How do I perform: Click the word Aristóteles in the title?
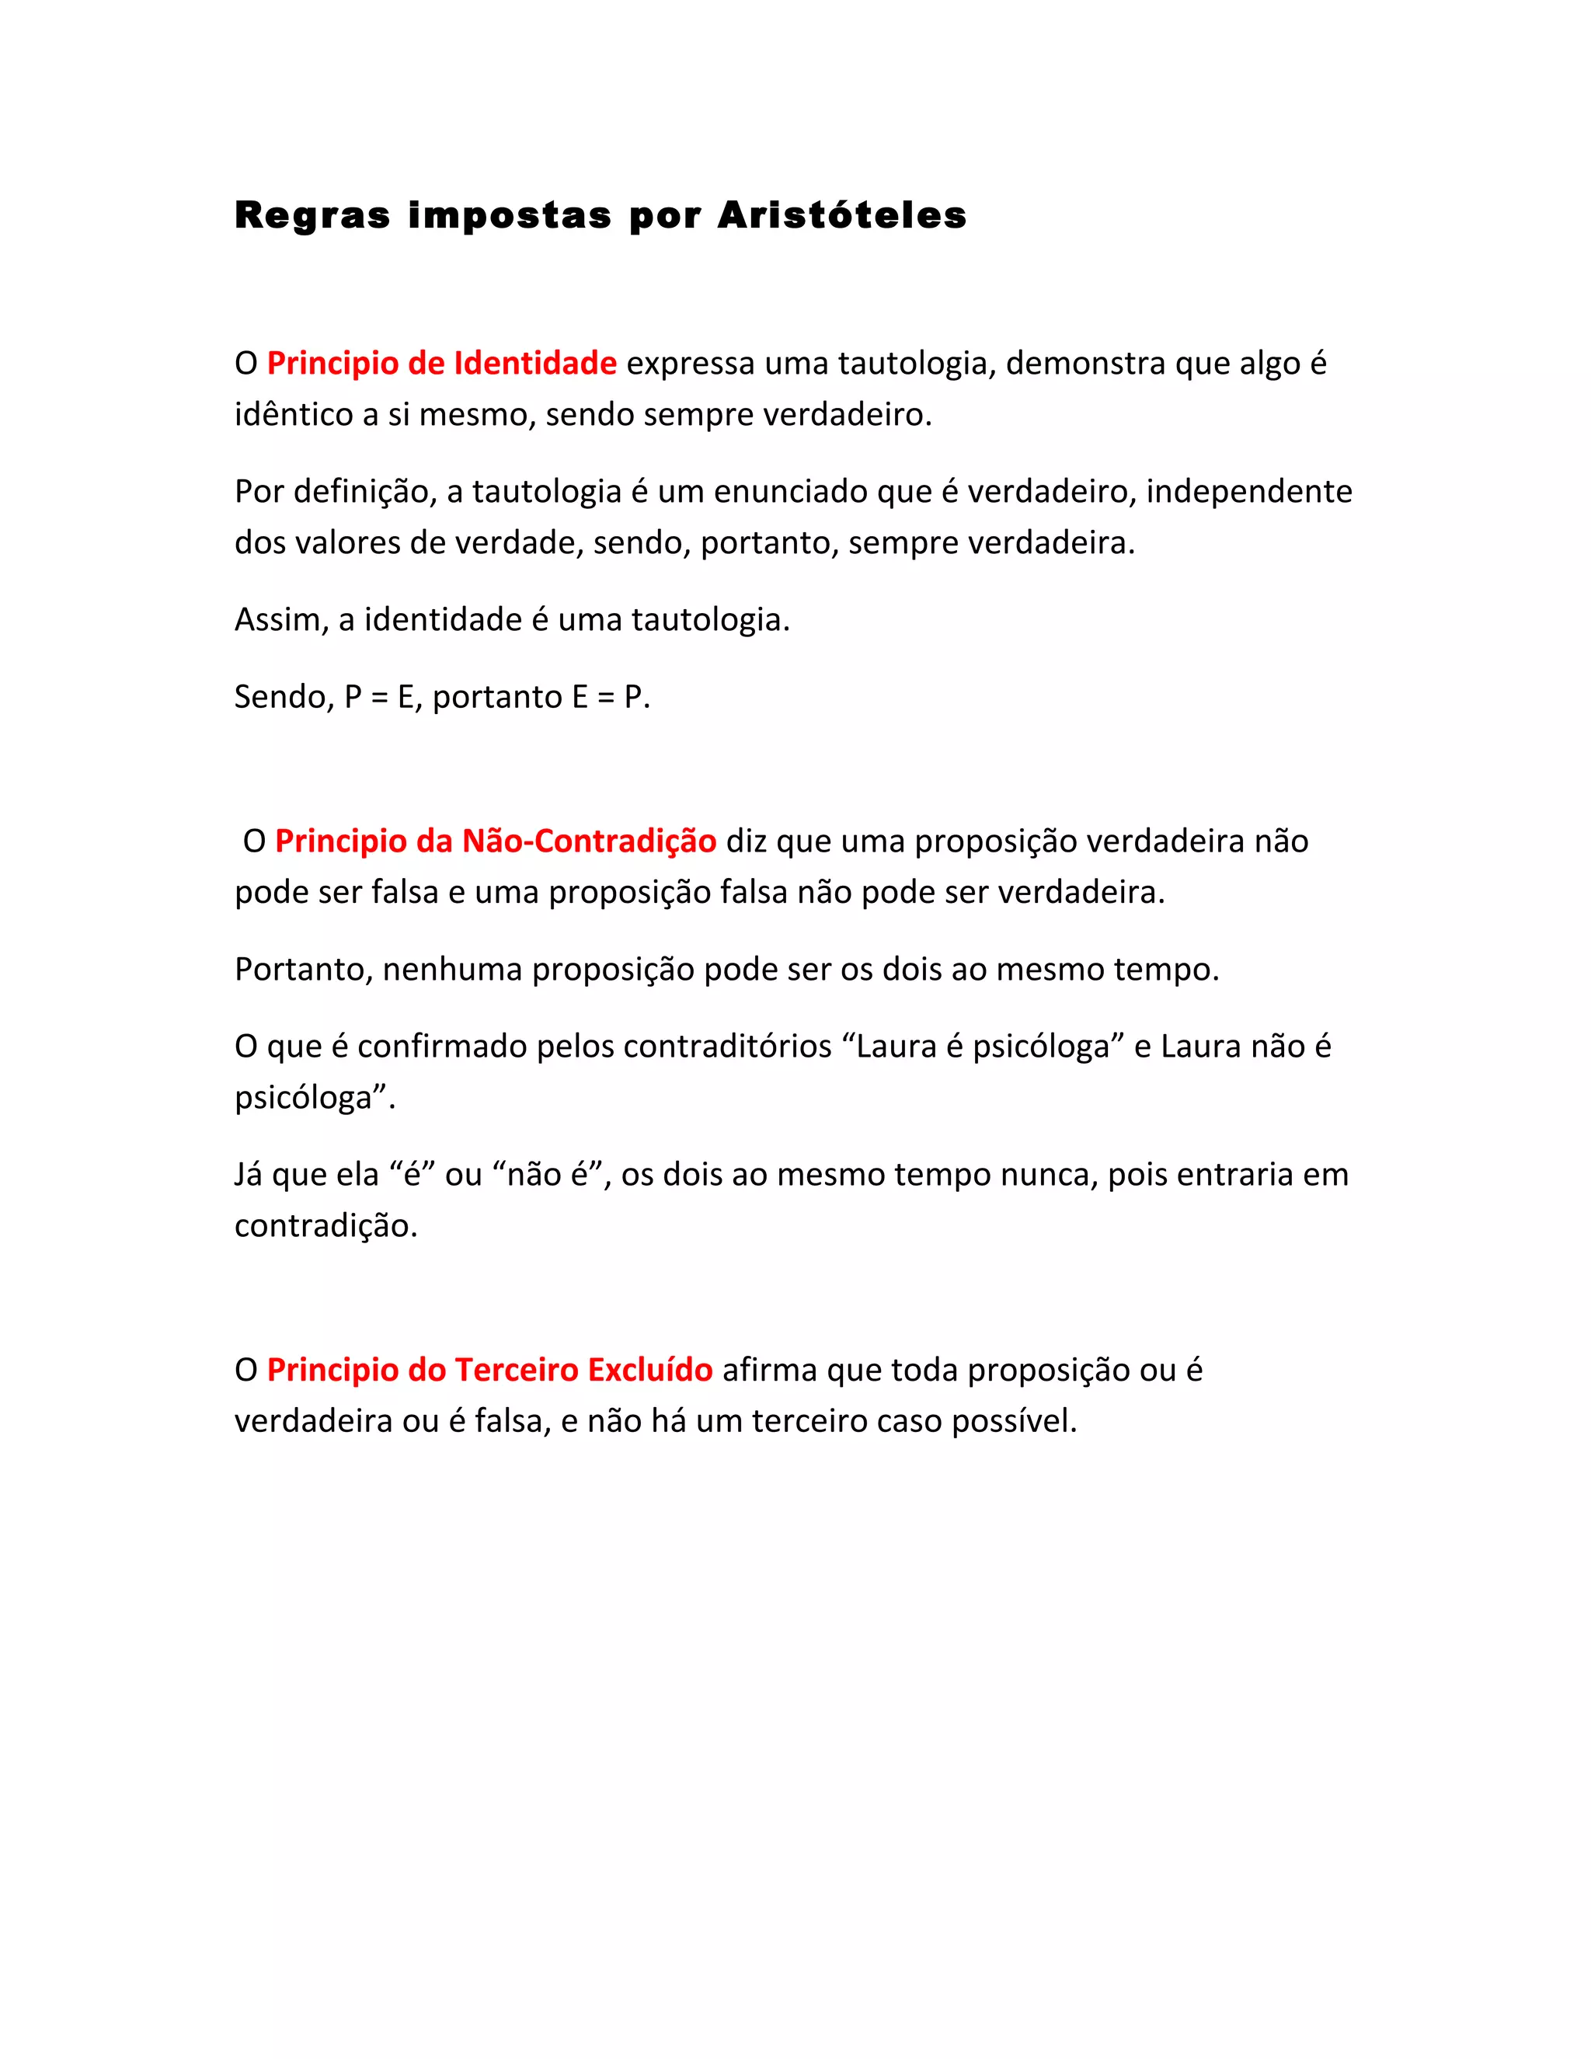tap(841, 216)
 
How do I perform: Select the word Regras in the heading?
tap(312, 216)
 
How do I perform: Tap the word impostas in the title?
tap(510, 216)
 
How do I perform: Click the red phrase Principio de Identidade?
tap(441, 363)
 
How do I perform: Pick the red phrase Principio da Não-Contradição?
tap(495, 841)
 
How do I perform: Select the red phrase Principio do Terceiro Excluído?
tap(489, 1370)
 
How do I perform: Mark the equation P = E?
tap(380, 698)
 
